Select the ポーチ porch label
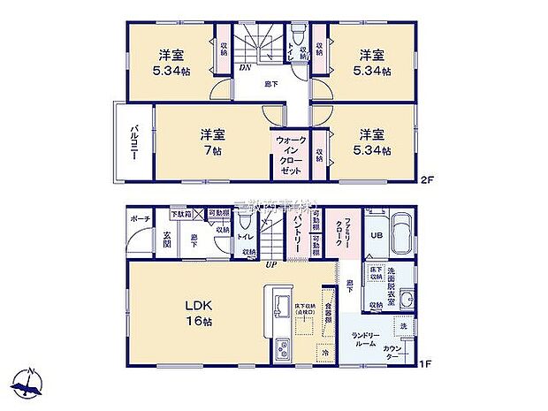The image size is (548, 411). (x=139, y=217)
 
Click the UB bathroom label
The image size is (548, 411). (x=376, y=234)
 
